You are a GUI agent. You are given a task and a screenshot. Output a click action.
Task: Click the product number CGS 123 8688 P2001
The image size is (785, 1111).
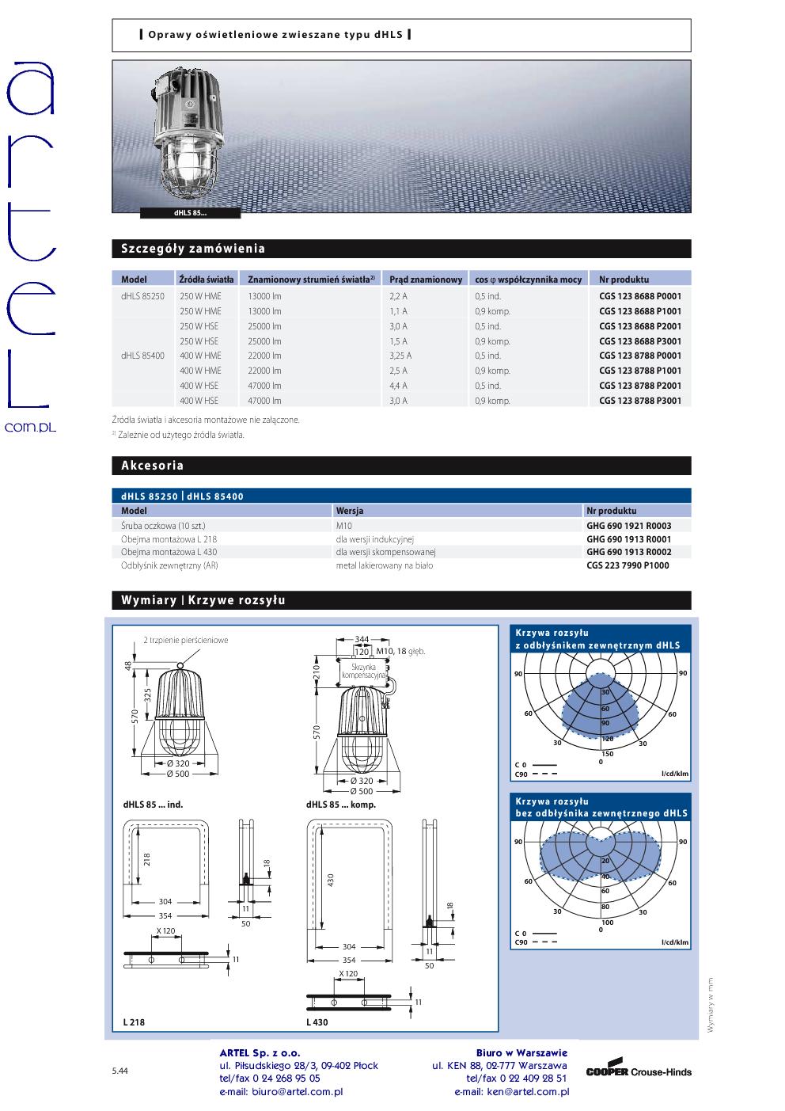point(639,326)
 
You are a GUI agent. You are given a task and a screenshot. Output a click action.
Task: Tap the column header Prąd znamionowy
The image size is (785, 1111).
point(425,280)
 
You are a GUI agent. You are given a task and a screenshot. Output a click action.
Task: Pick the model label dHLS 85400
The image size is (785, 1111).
point(142,356)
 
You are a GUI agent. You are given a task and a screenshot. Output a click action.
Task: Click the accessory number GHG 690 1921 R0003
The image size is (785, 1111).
point(628,525)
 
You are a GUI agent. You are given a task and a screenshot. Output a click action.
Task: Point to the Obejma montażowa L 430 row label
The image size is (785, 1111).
point(169,552)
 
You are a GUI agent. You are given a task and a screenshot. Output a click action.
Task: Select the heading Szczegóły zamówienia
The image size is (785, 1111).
point(193,249)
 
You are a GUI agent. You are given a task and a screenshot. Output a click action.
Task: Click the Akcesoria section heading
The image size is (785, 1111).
point(152,466)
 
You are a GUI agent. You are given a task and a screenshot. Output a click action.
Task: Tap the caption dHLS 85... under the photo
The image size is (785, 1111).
point(189,212)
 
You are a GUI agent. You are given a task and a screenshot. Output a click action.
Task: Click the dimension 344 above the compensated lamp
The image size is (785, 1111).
point(362,638)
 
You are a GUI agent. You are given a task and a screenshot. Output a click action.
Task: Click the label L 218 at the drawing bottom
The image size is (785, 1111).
point(135,1022)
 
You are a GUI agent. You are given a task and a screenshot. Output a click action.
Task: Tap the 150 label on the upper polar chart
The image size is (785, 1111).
point(607,754)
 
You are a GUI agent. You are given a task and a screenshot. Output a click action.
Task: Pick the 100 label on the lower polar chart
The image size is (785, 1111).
point(607,923)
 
